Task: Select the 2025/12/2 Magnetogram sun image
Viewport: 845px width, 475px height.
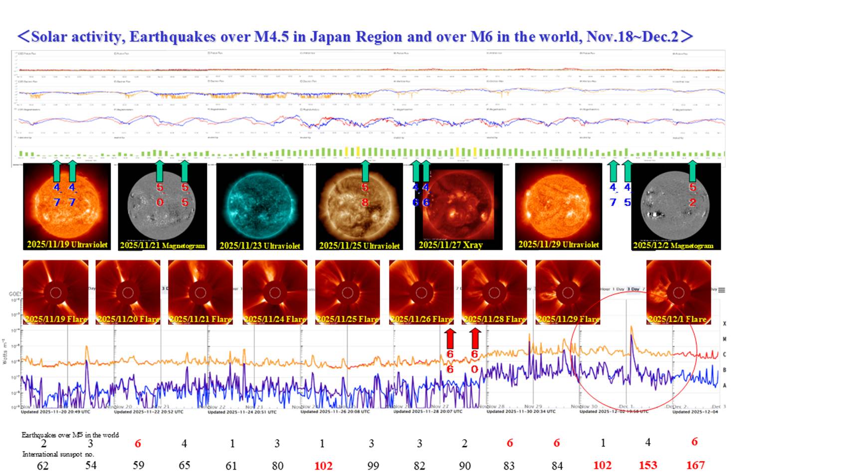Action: click(x=675, y=205)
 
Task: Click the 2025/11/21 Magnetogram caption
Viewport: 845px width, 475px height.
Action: click(x=163, y=245)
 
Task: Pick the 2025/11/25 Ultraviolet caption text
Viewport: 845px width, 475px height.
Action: click(x=359, y=245)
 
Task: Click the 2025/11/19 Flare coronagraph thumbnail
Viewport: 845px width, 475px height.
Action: click(x=56, y=292)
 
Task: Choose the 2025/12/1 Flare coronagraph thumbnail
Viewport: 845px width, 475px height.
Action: click(x=678, y=292)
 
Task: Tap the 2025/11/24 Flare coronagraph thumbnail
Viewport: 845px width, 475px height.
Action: click(x=275, y=292)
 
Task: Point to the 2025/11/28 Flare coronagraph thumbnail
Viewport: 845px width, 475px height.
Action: click(x=494, y=292)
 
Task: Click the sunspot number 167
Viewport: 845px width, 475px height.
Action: click(x=695, y=465)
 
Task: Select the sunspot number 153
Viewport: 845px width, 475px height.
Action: click(x=648, y=465)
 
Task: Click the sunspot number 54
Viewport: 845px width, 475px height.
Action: click(x=91, y=465)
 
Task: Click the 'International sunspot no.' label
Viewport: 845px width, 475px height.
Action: click(x=58, y=454)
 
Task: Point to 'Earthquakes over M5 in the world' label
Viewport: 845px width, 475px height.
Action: click(x=70, y=435)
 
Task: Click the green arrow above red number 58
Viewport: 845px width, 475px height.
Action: click(x=365, y=171)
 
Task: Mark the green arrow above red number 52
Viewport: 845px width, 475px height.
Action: click(x=692, y=171)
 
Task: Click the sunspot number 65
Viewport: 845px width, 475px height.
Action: click(x=185, y=465)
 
